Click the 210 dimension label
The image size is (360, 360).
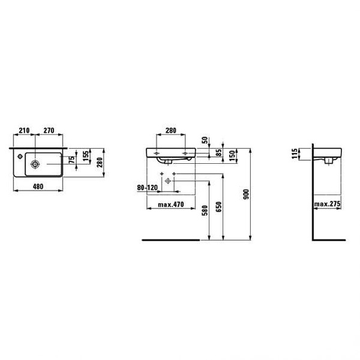click(x=24, y=130)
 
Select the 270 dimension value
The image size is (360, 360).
click(x=49, y=130)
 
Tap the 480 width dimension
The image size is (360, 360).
click(x=38, y=187)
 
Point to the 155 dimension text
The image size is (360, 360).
click(x=85, y=156)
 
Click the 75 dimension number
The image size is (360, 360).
click(x=72, y=160)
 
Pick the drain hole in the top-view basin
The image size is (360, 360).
click(x=35, y=164)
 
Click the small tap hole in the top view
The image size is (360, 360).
click(x=20, y=157)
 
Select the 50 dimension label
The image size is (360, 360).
click(x=205, y=140)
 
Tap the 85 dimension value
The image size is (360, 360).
click(x=219, y=152)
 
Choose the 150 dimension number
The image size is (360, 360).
click(x=232, y=155)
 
